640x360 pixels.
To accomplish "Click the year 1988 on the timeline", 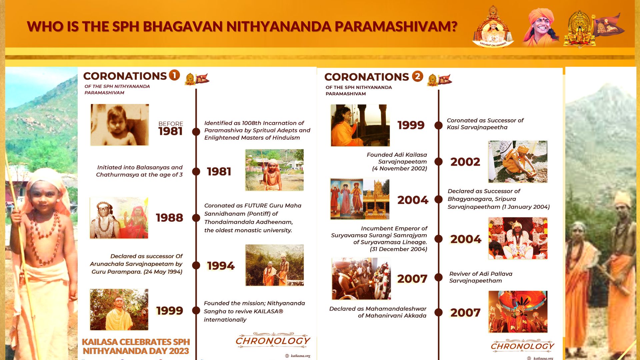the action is (169, 218).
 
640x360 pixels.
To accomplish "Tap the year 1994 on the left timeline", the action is (221, 266).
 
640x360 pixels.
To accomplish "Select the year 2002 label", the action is (465, 162).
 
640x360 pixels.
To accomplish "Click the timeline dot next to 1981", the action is (196, 171).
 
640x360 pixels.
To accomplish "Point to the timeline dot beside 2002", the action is (439, 162).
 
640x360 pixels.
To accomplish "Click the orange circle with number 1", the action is (174, 75).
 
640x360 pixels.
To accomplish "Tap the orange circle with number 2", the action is (417, 76).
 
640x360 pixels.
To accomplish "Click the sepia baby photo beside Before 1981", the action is (120, 125).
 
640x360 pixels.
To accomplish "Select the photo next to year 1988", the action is (119, 218).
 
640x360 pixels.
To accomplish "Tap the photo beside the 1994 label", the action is (275, 265).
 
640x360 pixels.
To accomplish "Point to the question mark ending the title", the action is (453, 26).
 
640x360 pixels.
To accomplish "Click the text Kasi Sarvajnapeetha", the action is (477, 127).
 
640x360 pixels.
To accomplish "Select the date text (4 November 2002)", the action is (400, 169).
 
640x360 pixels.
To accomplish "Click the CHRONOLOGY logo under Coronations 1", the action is (273, 340).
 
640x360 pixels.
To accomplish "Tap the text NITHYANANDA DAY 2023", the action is (136, 351).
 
